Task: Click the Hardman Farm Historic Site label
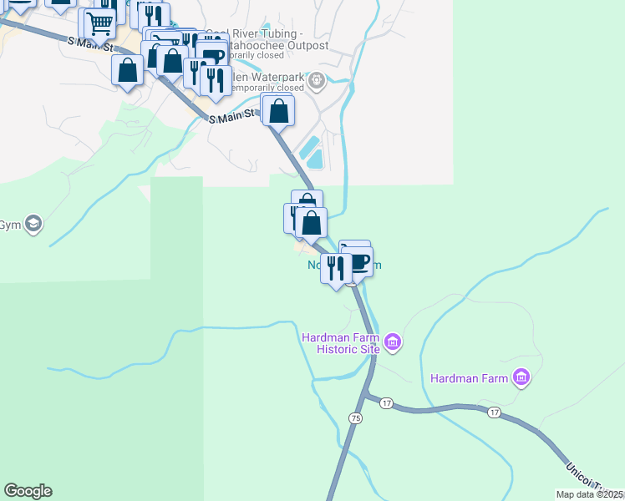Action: pyautogui.click(x=341, y=342)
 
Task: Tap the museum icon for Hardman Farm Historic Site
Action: pyautogui.click(x=393, y=342)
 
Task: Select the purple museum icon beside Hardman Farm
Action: pyautogui.click(x=522, y=378)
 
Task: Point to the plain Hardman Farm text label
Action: pyautogui.click(x=469, y=378)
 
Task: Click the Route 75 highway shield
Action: pyautogui.click(x=357, y=417)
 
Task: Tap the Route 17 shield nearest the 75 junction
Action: pyautogui.click(x=386, y=403)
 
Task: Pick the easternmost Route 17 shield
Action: pyautogui.click(x=494, y=412)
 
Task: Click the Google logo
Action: pyautogui.click(x=28, y=491)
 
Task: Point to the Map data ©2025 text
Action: pyautogui.click(x=589, y=494)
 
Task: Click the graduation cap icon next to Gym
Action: pyautogui.click(x=33, y=224)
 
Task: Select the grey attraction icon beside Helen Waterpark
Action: pyautogui.click(x=317, y=81)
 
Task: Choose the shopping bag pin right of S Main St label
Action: pyautogui.click(x=278, y=109)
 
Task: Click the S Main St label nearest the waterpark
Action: pyautogui.click(x=231, y=119)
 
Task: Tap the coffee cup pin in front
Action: pyautogui.click(x=358, y=263)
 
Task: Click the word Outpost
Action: pyautogui.click(x=305, y=45)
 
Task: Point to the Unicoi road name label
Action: pyautogui.click(x=583, y=475)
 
